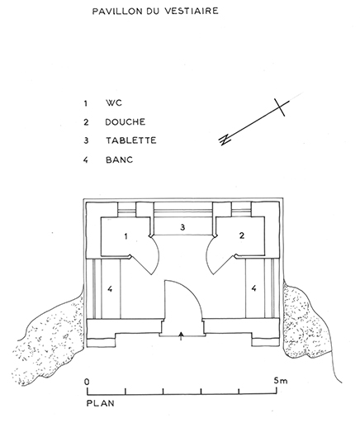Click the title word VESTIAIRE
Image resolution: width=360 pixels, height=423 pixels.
click(192, 11)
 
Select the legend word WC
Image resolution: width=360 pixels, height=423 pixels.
click(114, 103)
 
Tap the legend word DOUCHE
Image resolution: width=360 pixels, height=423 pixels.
click(126, 122)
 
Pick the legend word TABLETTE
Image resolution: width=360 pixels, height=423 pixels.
click(131, 140)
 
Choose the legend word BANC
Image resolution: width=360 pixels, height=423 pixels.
click(120, 159)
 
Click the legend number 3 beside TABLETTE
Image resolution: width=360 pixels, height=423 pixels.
click(86, 140)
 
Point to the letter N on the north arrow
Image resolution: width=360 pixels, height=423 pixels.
click(225, 140)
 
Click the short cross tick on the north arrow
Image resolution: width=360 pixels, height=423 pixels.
click(280, 107)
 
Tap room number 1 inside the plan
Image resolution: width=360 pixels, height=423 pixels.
click(126, 236)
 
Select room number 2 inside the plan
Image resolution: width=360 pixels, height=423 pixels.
click(242, 235)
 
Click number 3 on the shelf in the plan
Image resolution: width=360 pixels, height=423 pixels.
click(182, 227)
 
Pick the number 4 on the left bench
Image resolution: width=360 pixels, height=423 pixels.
click(110, 289)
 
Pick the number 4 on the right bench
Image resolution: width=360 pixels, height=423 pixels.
click(253, 288)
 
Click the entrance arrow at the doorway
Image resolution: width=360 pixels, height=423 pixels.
click(181, 336)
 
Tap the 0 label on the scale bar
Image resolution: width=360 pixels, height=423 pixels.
click(87, 382)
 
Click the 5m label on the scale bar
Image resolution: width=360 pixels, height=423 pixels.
click(281, 380)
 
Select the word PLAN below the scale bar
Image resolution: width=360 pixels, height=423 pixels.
click(100, 403)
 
